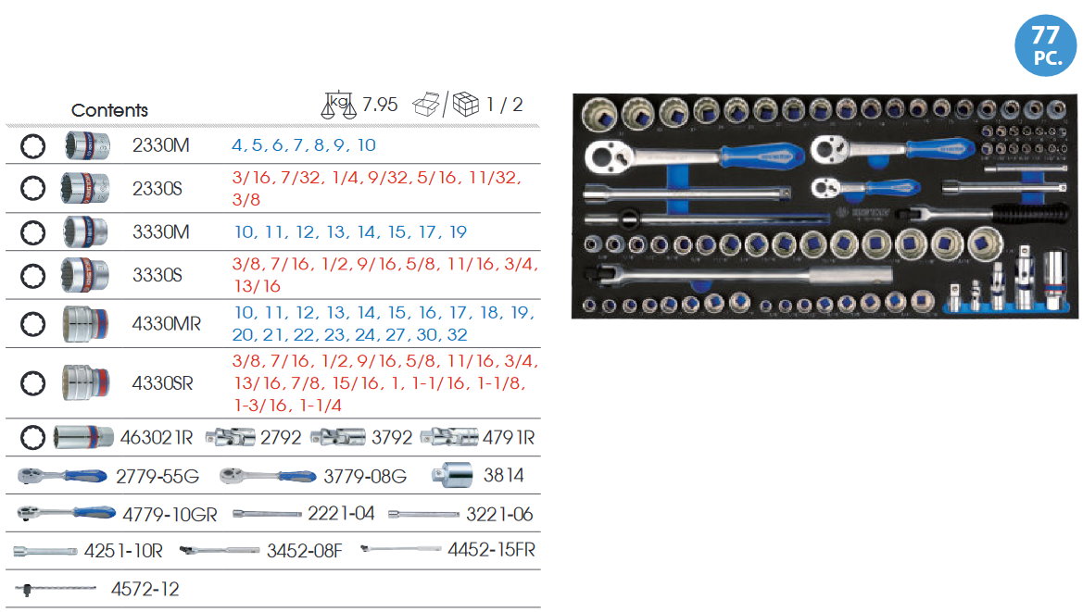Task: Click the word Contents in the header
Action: tap(109, 110)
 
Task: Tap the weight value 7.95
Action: tap(380, 105)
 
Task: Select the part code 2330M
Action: tap(161, 146)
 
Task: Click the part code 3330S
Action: tap(160, 275)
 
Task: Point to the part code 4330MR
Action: tap(167, 324)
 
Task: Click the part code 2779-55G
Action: tap(157, 476)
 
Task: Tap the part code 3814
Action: tap(504, 476)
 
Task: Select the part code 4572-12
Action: tap(145, 589)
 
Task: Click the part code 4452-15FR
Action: tap(491, 550)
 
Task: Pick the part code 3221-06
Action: tap(499, 514)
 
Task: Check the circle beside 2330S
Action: tap(32, 189)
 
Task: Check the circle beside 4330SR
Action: tap(32, 382)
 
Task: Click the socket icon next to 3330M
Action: tap(84, 231)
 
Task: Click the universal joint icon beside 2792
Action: tap(230, 437)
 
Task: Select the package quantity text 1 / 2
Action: tap(505, 105)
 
